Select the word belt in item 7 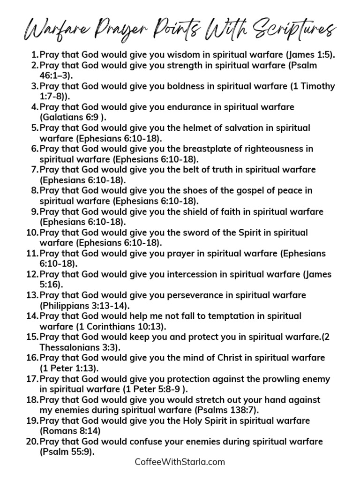pos(186,170)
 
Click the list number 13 pos(32,295)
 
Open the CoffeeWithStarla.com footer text pos(180,462)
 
